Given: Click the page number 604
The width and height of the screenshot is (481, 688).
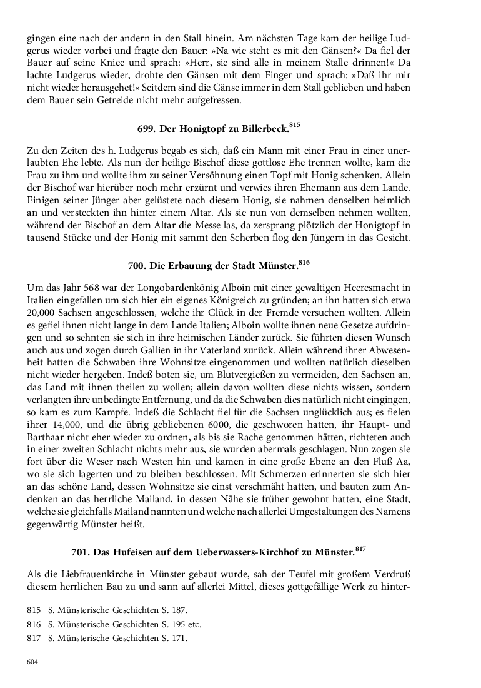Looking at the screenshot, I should [x=33, y=662].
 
